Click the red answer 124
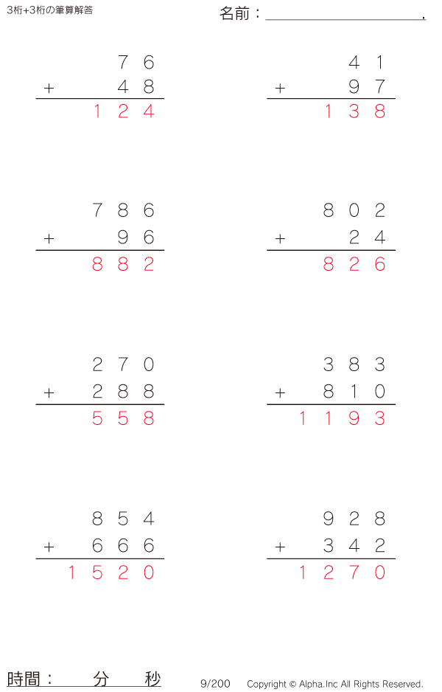click(x=123, y=112)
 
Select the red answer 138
click(x=354, y=112)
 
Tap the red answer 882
click(x=123, y=265)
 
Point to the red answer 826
click(x=354, y=265)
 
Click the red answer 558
click(x=123, y=419)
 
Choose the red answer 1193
click(x=341, y=419)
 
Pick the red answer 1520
click(x=110, y=572)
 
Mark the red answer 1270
click(x=341, y=572)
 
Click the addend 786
click(x=123, y=211)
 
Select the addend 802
click(x=354, y=211)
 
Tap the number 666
click(x=123, y=546)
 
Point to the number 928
click(x=354, y=519)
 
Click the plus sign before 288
click(x=49, y=392)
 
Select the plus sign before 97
click(x=280, y=89)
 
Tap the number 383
click(x=354, y=364)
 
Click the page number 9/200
click(x=215, y=684)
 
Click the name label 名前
click(x=235, y=13)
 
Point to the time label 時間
click(x=24, y=679)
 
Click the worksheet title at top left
click(x=49, y=10)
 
